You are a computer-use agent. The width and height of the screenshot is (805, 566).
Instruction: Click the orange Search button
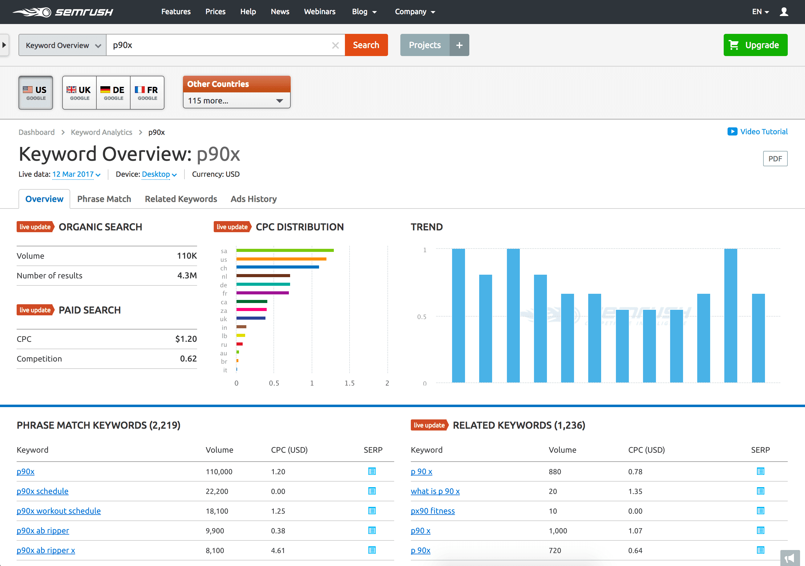pyautogui.click(x=366, y=45)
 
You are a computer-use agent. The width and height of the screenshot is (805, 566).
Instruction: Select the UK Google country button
pyautogui.click(x=79, y=93)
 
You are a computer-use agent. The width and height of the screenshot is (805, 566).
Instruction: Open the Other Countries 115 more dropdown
pyautogui.click(x=236, y=101)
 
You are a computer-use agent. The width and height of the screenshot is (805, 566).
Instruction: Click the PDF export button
pyautogui.click(x=775, y=159)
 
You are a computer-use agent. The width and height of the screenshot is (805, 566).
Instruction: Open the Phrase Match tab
pyautogui.click(x=104, y=199)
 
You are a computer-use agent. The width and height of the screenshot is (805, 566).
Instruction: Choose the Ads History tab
pyautogui.click(x=253, y=199)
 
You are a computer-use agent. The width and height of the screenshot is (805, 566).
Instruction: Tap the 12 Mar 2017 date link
pyautogui.click(x=73, y=174)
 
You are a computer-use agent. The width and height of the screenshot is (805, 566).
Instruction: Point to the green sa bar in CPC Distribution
pyautogui.click(x=285, y=250)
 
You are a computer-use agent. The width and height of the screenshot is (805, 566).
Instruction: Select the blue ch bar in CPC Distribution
pyautogui.click(x=277, y=267)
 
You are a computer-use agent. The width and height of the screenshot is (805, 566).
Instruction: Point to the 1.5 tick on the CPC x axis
pyautogui.click(x=349, y=383)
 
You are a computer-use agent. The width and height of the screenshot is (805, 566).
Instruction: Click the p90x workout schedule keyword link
pyautogui.click(x=59, y=511)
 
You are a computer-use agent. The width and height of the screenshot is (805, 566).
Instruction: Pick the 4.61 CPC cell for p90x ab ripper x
pyautogui.click(x=278, y=551)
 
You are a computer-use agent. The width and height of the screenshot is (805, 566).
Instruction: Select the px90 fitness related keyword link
pyautogui.click(x=433, y=511)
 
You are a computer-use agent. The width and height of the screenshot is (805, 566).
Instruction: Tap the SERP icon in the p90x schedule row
pyautogui.click(x=372, y=491)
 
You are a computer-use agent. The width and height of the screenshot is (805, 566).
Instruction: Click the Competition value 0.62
pyautogui.click(x=188, y=359)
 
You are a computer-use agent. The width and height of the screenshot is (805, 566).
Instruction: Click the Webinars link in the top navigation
pyautogui.click(x=319, y=12)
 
